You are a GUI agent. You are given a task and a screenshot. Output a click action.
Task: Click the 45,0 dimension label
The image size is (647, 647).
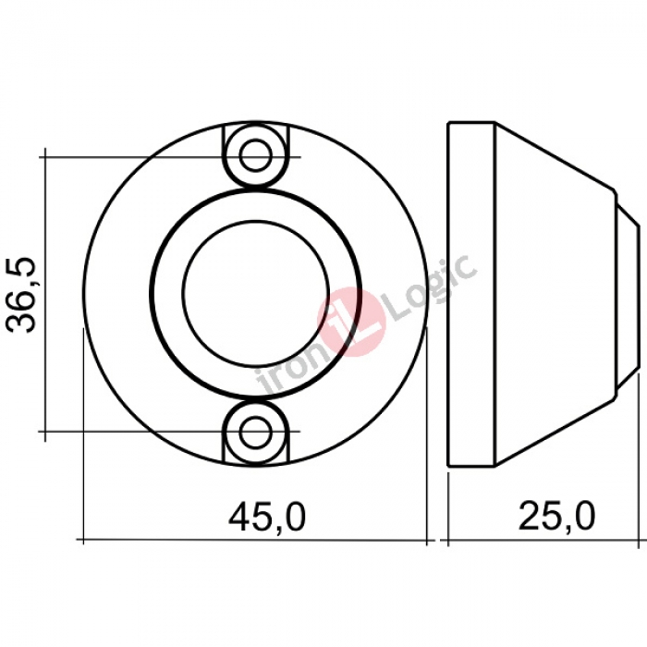pos(267,517)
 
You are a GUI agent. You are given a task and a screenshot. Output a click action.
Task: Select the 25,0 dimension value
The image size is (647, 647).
pos(556,517)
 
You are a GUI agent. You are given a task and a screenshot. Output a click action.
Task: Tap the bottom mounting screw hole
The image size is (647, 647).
pos(256,432)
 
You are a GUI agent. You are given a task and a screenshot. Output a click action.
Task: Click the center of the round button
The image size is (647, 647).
pos(256,293)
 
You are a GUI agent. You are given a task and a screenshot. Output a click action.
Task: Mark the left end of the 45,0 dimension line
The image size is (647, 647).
pos(84,540)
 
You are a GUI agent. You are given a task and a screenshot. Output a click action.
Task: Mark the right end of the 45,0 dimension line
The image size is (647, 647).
pos(429,540)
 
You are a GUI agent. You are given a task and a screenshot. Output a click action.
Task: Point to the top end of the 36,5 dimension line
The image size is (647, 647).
pos(43,155)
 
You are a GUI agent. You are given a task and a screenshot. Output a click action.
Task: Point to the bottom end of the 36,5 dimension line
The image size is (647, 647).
pos(43,431)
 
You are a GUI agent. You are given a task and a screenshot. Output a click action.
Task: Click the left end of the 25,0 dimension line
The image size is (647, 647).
pos(448,540)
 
